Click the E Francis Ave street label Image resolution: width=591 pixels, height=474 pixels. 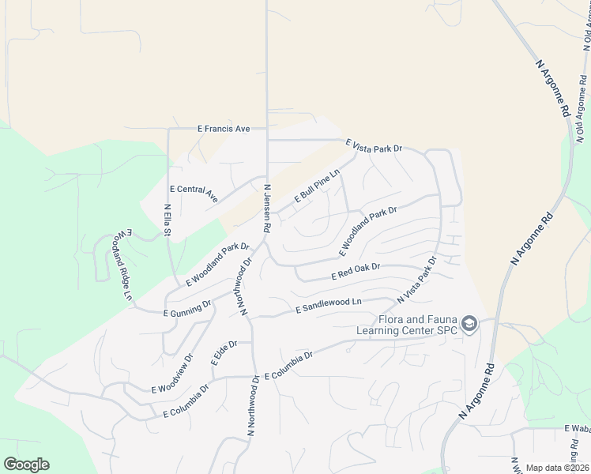[x=224, y=128]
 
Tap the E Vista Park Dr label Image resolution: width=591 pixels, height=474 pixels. [x=374, y=147]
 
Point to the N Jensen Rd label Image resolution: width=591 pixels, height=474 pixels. [x=268, y=208]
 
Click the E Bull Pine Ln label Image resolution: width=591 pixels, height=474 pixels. [x=317, y=186]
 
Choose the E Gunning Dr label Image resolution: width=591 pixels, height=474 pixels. [x=187, y=309]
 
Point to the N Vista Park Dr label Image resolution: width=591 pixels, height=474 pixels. [x=416, y=280]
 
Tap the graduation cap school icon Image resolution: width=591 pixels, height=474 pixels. [x=469, y=324]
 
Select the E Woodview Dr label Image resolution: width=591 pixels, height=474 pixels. [x=172, y=375]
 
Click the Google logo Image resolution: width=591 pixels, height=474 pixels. [x=26, y=465]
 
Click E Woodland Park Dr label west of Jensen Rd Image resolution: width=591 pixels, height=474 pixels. [x=217, y=265]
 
